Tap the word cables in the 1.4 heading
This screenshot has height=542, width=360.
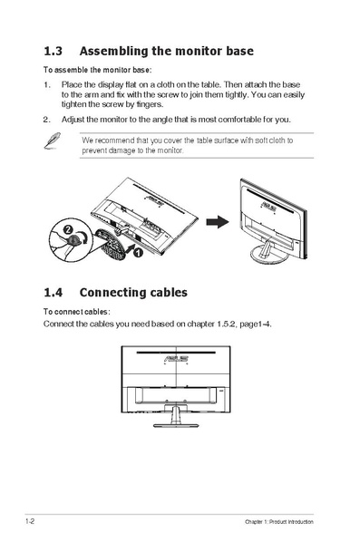(x=165, y=293)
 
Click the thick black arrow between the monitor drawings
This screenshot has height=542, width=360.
(x=215, y=222)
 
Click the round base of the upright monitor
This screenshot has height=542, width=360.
(x=270, y=258)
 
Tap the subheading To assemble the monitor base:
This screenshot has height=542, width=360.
(x=97, y=70)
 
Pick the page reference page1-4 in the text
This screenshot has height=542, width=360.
(x=251, y=324)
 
